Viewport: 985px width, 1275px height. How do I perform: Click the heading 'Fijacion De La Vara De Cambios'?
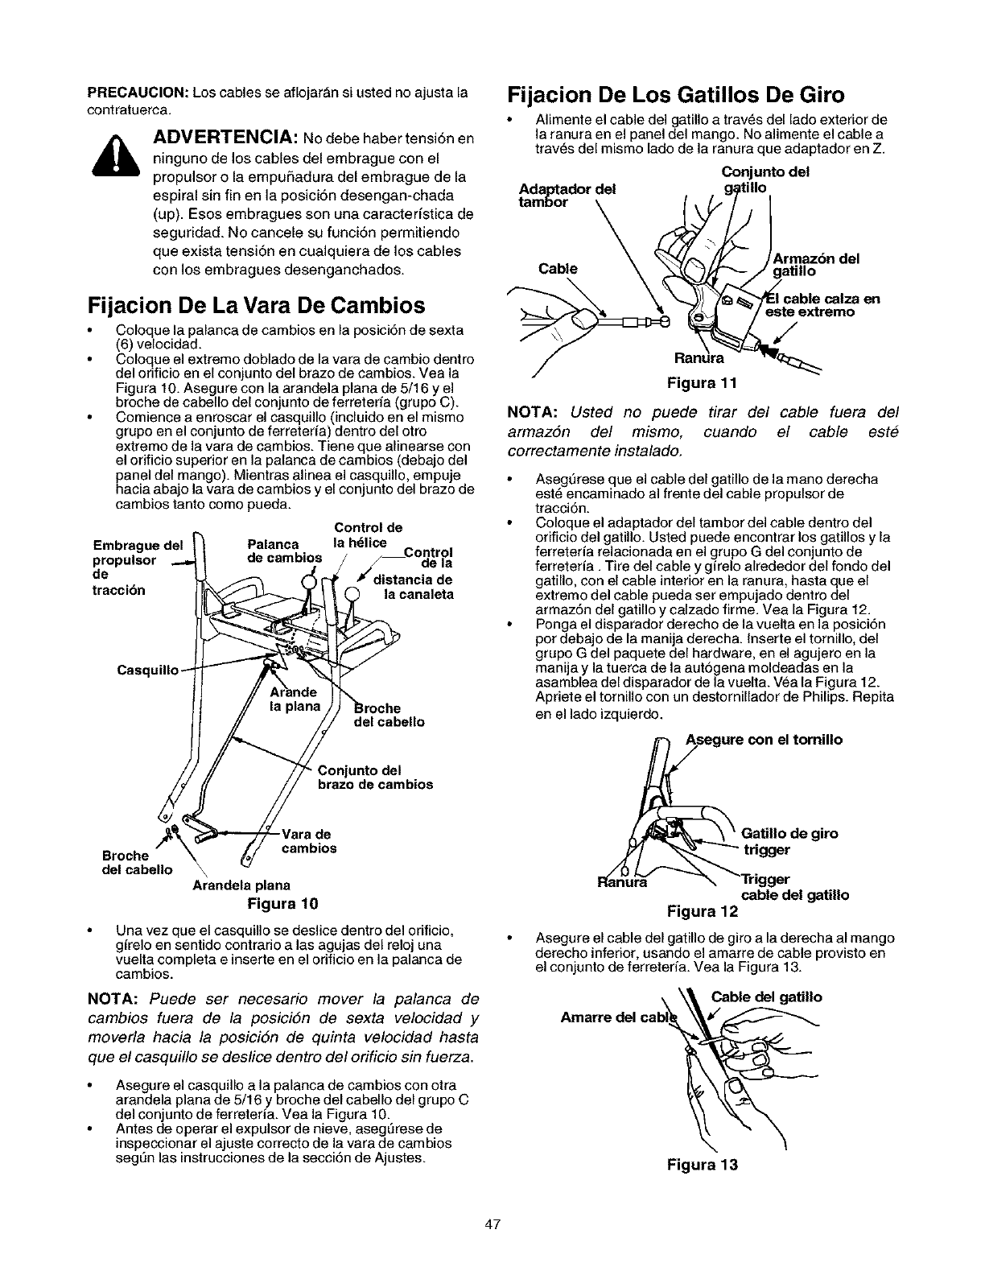click(256, 306)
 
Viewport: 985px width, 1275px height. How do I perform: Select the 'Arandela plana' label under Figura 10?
click(241, 885)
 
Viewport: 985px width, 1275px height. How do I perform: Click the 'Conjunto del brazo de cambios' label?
click(376, 776)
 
